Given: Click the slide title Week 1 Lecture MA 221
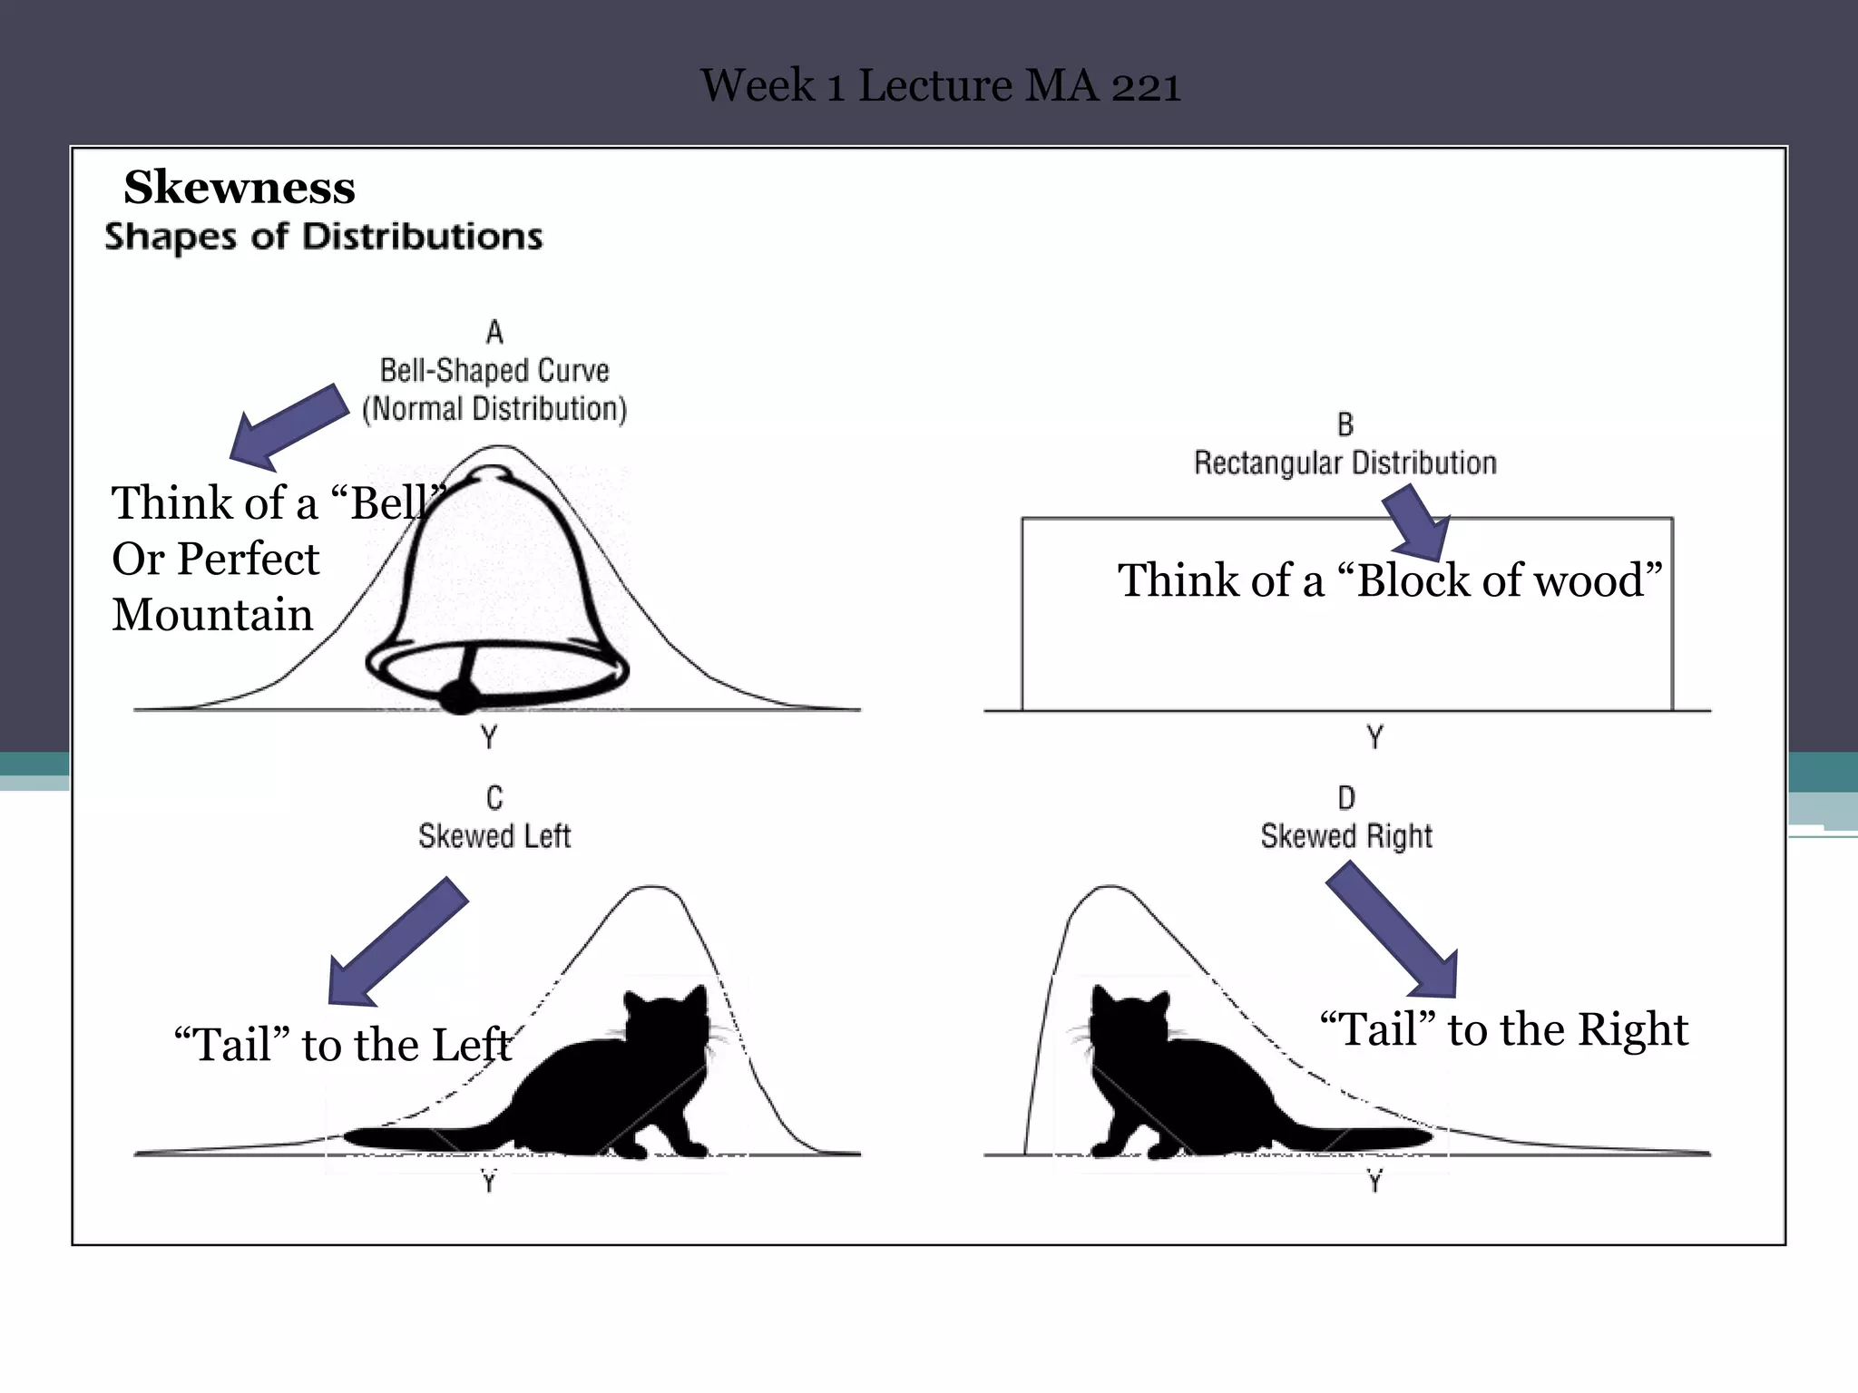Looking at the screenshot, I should coord(940,86).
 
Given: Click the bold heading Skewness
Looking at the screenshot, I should coord(240,188).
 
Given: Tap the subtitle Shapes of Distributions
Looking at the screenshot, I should coord(323,237).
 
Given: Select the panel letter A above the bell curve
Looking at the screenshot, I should coord(494,333).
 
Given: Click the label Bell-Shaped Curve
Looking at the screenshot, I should coord(494,371).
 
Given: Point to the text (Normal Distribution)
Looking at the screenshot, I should coord(494,409).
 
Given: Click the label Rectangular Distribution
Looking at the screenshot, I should coord(1345,463).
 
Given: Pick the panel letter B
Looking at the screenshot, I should coord(1345,424).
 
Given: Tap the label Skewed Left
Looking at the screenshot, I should coord(494,836).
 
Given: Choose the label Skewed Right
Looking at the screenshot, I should coord(1346,836).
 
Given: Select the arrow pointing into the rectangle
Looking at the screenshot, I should coord(1419,524).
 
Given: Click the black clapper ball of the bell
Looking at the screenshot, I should coord(459,697).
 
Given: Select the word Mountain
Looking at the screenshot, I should coord(212,615).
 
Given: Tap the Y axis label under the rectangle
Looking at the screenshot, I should coord(1374,737).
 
